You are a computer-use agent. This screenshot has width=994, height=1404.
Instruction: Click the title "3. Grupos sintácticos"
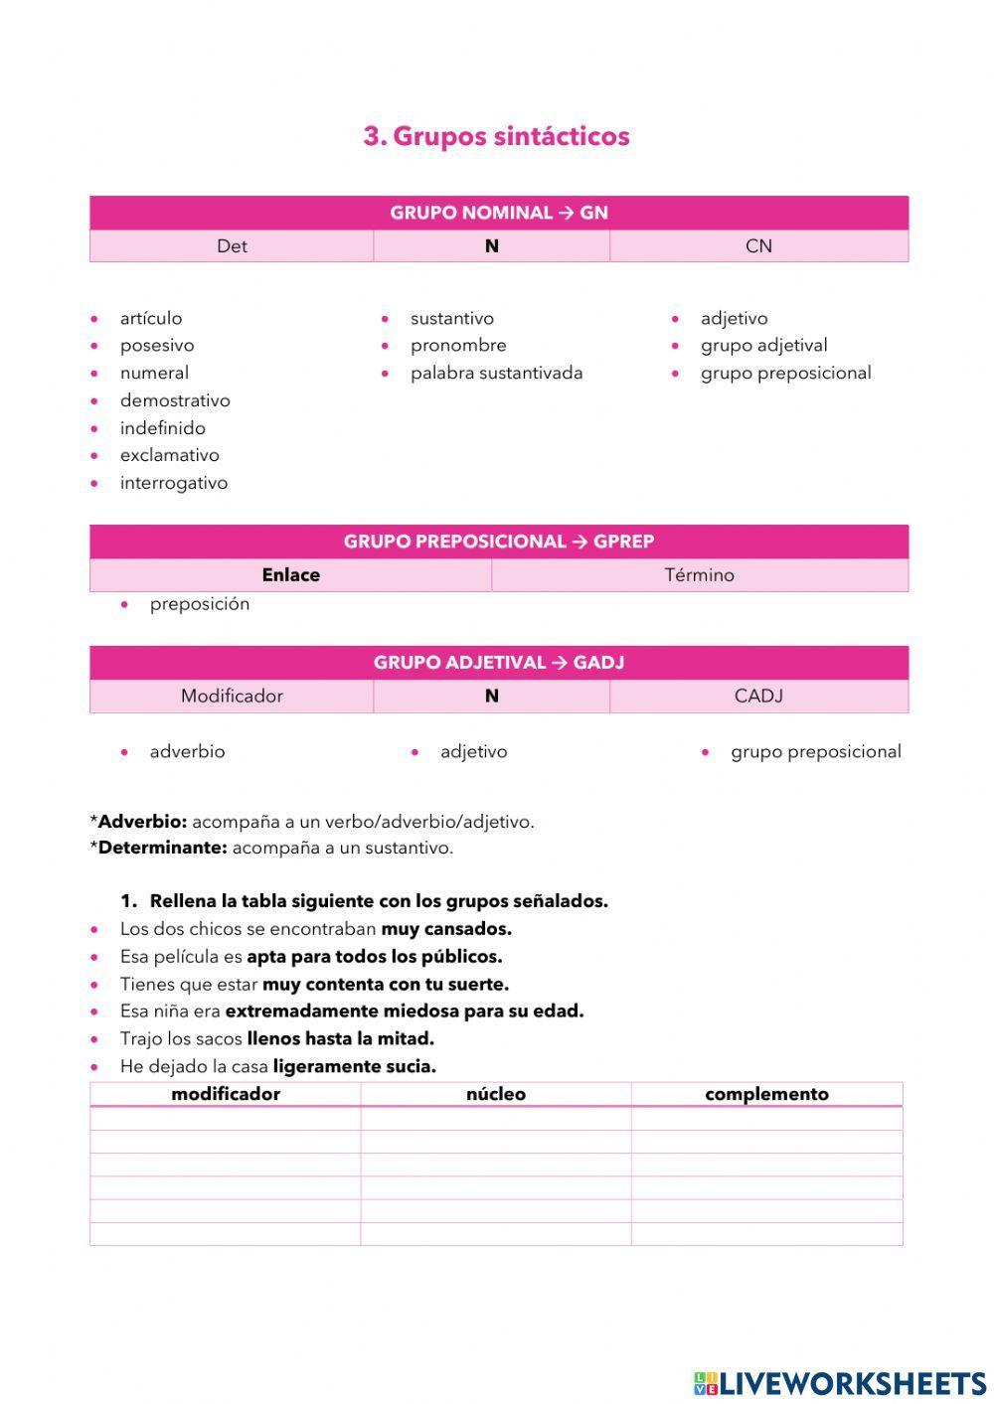pyautogui.click(x=496, y=136)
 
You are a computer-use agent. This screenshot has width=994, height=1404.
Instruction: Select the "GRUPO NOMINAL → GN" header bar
pyautogui.click(x=498, y=213)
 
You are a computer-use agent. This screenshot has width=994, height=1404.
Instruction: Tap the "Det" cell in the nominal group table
pyautogui.click(x=232, y=246)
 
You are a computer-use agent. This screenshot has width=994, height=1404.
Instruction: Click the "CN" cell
pyautogui.click(x=758, y=246)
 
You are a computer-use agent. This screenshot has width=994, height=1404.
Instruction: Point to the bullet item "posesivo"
pyautogui.click(x=157, y=346)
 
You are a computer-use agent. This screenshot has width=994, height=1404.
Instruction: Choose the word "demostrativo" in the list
pyautogui.click(x=175, y=400)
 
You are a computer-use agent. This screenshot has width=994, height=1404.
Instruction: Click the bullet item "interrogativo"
pyautogui.click(x=174, y=483)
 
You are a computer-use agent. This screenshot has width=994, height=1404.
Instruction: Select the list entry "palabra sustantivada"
pyautogui.click(x=496, y=374)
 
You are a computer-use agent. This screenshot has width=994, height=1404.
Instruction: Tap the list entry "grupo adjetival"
pyautogui.click(x=763, y=346)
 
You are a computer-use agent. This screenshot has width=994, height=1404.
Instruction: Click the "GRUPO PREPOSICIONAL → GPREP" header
pyautogui.click(x=498, y=542)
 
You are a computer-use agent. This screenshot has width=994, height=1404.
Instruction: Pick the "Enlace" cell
pyautogui.click(x=290, y=575)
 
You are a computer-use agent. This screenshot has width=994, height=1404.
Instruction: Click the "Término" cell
pyautogui.click(x=699, y=575)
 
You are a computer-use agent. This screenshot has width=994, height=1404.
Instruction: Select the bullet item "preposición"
pyautogui.click(x=200, y=604)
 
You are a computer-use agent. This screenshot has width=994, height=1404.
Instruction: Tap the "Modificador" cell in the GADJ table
pyautogui.click(x=232, y=697)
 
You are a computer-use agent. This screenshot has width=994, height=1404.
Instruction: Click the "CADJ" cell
pyautogui.click(x=758, y=697)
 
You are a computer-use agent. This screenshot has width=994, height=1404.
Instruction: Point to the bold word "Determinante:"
pyautogui.click(x=162, y=849)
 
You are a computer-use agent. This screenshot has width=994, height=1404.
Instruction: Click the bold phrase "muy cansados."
pyautogui.click(x=446, y=930)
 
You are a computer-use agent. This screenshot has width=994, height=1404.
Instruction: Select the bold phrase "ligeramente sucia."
pyautogui.click(x=354, y=1067)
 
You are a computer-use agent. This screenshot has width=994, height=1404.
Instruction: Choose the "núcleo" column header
pyautogui.click(x=496, y=1094)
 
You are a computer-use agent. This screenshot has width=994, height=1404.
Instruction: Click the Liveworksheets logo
pyautogui.click(x=840, y=1383)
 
